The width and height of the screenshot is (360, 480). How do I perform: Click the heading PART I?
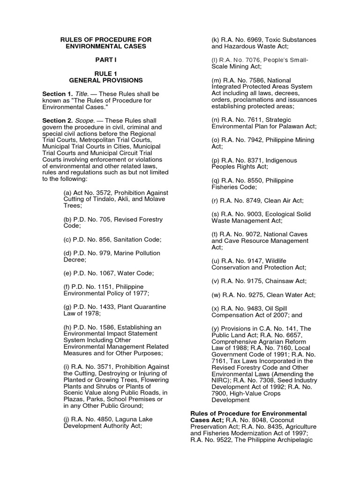click(105, 60)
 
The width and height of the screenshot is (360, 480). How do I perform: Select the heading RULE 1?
click(105, 74)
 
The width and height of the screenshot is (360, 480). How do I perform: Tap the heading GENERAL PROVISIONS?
click(105, 81)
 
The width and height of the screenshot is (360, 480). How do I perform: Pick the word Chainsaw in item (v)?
click(278, 281)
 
